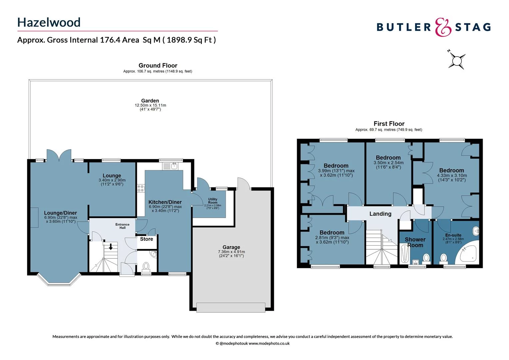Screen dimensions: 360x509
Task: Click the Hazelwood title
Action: point(49,22)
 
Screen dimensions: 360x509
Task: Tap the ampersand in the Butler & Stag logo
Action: point(443,27)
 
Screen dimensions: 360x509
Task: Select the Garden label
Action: point(150,101)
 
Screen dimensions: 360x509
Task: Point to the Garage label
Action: point(231,247)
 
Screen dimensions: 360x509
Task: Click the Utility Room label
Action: point(213,201)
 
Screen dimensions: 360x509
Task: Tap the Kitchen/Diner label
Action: point(165,202)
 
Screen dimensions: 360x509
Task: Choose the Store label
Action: point(147,239)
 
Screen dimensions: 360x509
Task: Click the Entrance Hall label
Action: point(123,226)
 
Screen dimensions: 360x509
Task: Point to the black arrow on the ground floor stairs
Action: point(111,247)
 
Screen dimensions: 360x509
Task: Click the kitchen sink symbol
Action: point(171,165)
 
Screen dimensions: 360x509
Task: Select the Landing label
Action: point(380,214)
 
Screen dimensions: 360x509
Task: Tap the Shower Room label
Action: point(415,242)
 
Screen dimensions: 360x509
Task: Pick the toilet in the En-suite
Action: point(443,258)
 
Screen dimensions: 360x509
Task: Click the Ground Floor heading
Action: point(158,65)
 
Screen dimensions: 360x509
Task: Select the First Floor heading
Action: point(389,124)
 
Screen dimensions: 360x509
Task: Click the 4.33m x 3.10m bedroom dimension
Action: point(452,175)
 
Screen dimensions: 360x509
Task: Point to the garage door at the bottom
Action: point(231,307)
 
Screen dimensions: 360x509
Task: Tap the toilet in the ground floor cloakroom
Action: point(146,266)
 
